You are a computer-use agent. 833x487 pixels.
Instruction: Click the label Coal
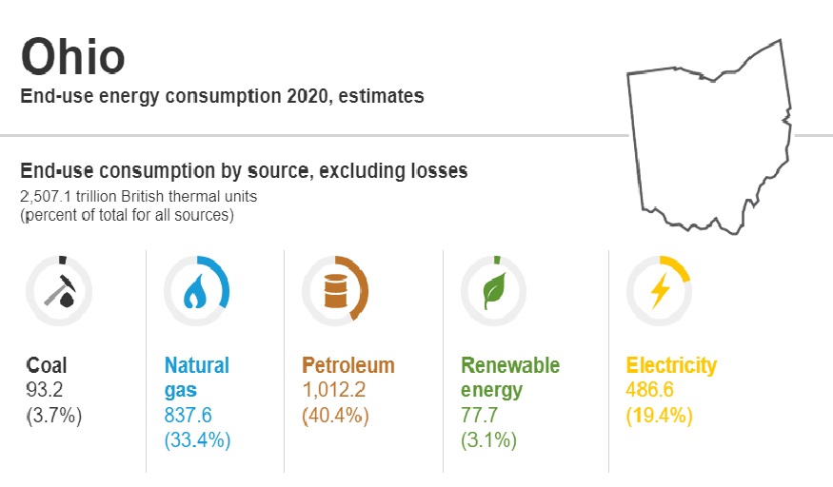pos(47,365)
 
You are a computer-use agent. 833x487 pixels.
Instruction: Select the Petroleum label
pos(347,365)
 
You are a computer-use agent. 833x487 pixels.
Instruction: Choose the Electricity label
pos(670,365)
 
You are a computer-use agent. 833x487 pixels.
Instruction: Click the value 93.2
pos(46,390)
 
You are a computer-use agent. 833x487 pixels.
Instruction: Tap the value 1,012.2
pos(334,390)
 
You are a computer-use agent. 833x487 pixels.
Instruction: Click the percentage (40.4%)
pos(335,416)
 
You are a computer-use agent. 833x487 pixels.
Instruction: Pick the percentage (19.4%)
pos(659,416)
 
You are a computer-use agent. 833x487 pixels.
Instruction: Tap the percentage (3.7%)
pos(53,416)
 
